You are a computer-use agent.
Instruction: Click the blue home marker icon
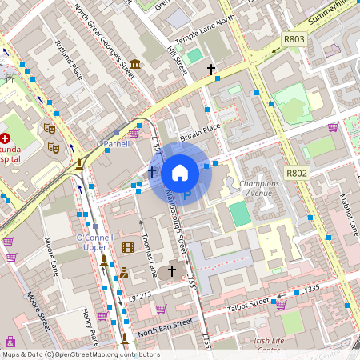click(x=180, y=172)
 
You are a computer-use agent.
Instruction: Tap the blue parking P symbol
click(x=188, y=194)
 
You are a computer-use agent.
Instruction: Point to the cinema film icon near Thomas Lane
click(x=128, y=246)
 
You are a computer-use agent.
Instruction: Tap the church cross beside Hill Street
click(x=211, y=70)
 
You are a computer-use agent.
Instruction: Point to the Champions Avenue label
click(x=259, y=188)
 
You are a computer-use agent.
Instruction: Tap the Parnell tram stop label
click(x=116, y=145)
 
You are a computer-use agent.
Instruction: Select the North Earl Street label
click(x=166, y=326)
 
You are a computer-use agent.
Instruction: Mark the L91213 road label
click(x=140, y=295)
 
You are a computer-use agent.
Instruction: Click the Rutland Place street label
click(x=69, y=60)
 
